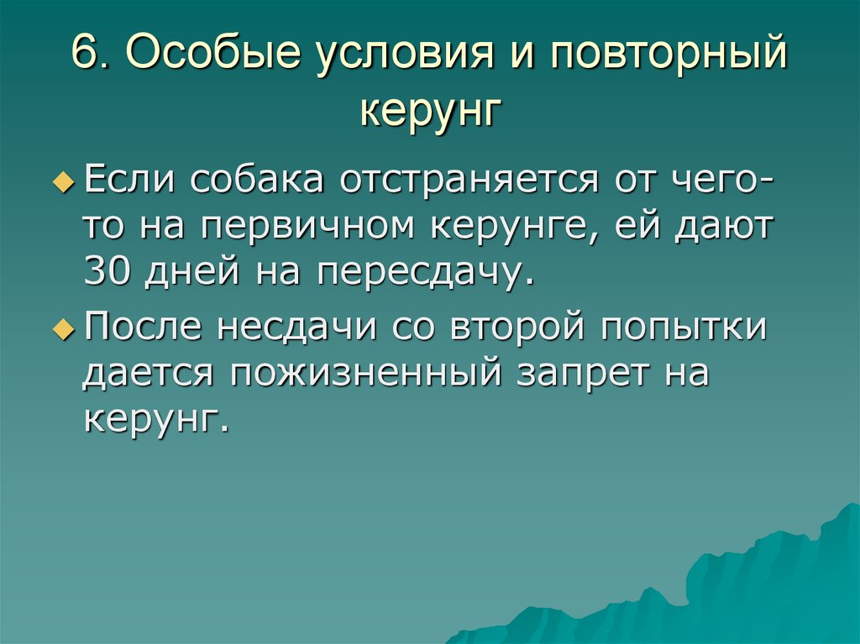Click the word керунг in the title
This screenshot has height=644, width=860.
coord(430,112)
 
